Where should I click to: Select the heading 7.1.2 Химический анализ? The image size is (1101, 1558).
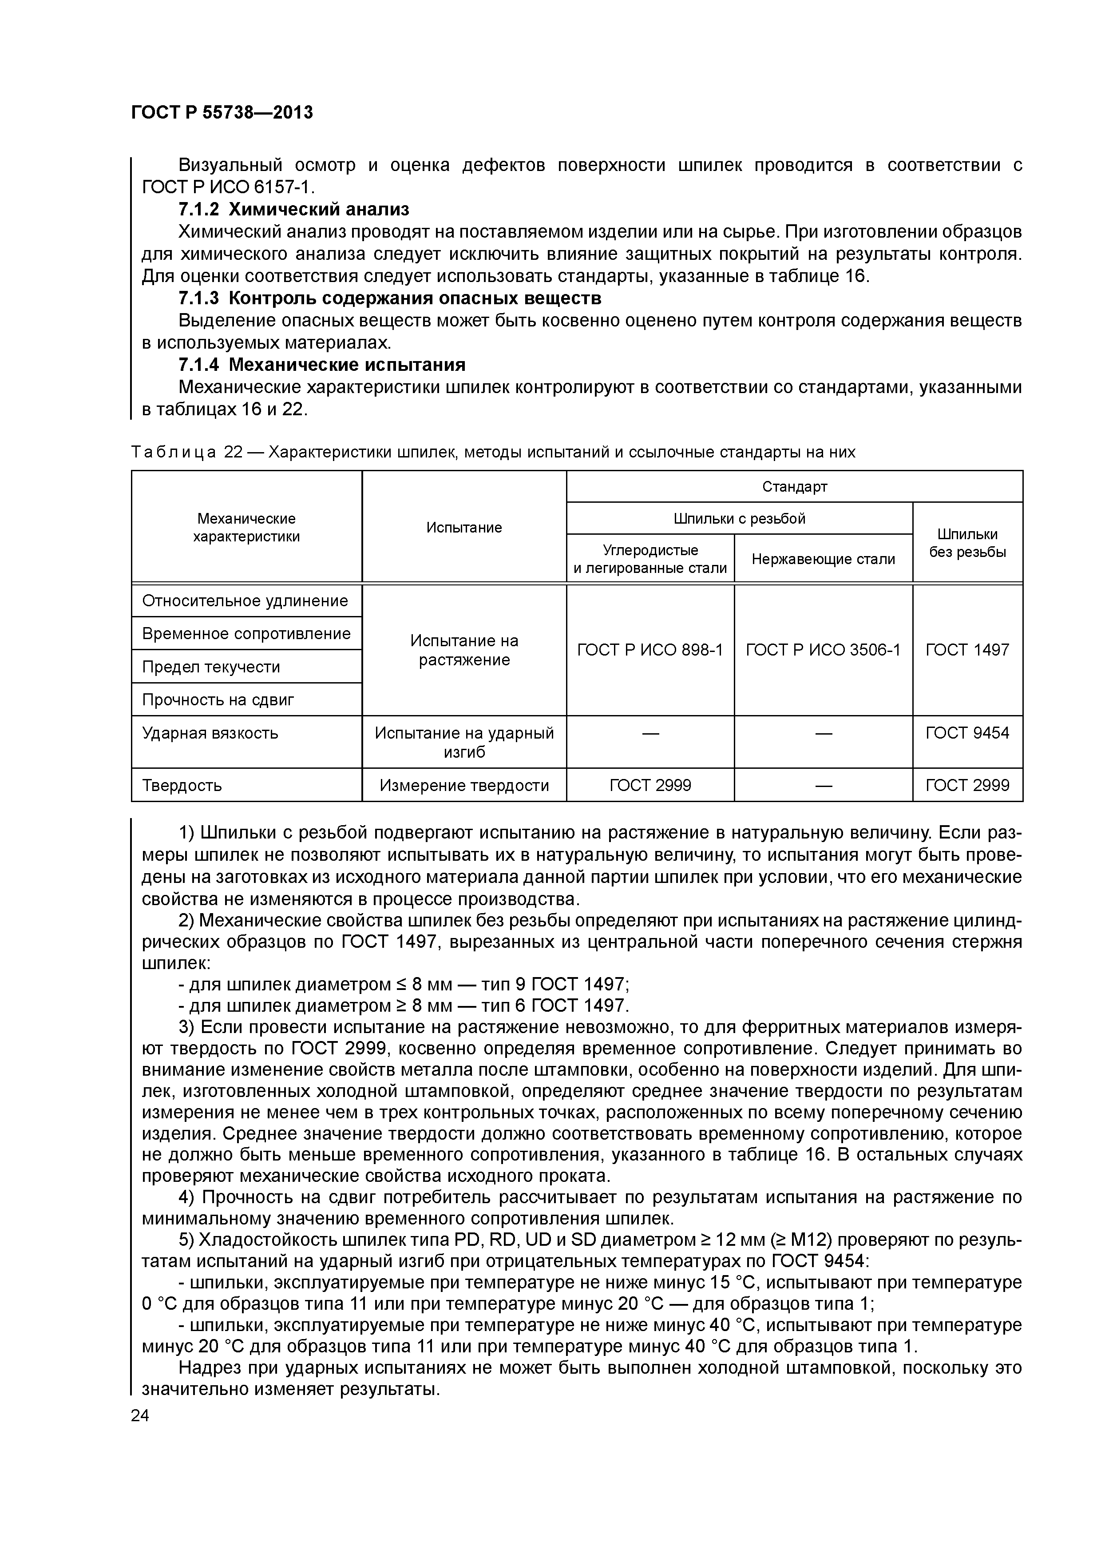point(294,209)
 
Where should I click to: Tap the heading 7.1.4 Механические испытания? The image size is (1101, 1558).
point(321,365)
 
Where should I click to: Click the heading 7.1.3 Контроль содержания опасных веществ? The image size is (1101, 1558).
point(389,298)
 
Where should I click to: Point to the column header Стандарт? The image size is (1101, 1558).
point(794,486)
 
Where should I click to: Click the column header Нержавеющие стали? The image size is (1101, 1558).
point(823,559)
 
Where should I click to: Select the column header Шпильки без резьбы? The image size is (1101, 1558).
point(967,543)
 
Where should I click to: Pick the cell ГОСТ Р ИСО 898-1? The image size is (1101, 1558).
point(650,650)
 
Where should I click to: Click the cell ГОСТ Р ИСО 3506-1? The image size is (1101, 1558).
point(823,650)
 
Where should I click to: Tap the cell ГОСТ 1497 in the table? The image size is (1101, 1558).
point(967,650)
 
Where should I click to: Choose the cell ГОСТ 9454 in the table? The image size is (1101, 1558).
point(967,733)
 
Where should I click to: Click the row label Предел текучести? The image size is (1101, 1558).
point(211,667)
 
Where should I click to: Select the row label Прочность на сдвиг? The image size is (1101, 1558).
point(218,700)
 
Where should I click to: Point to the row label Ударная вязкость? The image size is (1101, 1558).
point(210,733)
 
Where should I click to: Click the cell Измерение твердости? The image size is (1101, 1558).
point(464,785)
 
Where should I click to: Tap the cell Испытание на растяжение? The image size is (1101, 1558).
point(464,650)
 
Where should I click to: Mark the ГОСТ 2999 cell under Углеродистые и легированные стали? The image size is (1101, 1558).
point(650,785)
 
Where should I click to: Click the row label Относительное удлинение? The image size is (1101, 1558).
point(245,600)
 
